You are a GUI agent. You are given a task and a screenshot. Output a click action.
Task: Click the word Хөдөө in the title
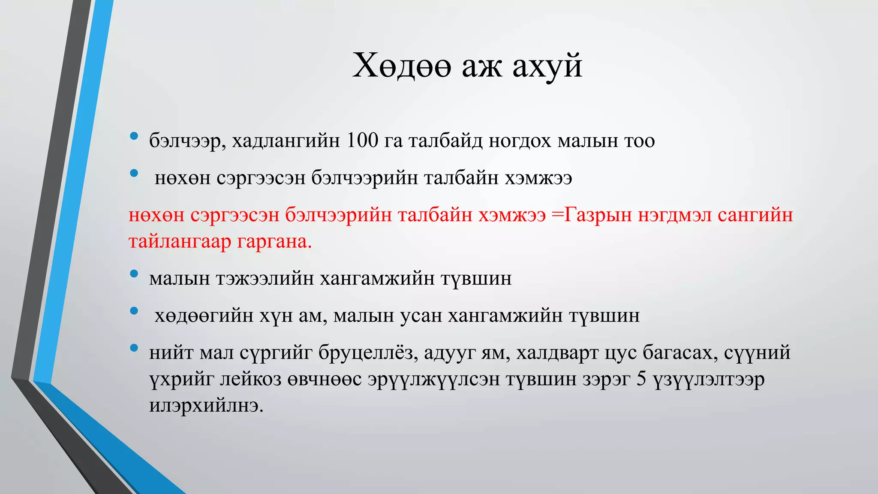click(x=402, y=66)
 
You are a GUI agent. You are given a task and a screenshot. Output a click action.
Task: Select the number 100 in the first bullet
click(x=362, y=141)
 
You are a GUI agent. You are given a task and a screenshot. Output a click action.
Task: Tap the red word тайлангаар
click(x=180, y=242)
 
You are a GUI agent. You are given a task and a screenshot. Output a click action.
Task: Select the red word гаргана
click(x=274, y=242)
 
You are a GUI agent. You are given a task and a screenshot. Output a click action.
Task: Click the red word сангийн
click(x=755, y=214)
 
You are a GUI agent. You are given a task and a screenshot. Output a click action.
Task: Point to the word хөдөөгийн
click(x=204, y=316)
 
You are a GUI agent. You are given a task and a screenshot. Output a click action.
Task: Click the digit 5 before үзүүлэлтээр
click(x=641, y=379)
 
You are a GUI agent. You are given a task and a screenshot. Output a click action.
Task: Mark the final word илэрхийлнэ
click(x=206, y=406)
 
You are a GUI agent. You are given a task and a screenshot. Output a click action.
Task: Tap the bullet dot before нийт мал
click(x=134, y=348)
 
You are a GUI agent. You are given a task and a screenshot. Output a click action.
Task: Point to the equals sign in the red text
click(x=557, y=214)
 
